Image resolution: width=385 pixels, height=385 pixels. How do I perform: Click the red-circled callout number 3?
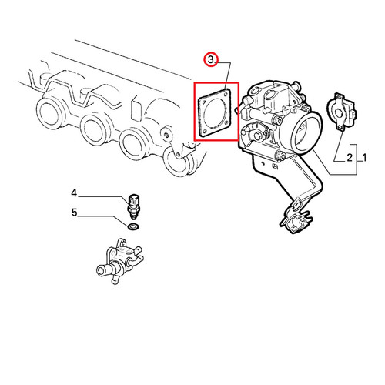[210, 60]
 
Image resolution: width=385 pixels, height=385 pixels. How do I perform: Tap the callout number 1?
[363, 157]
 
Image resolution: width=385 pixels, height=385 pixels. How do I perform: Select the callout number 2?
[350, 157]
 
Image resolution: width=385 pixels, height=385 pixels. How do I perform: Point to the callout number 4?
[74, 192]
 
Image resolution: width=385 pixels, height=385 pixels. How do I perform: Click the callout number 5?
[74, 213]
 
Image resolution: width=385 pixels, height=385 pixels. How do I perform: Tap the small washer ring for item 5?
[133, 227]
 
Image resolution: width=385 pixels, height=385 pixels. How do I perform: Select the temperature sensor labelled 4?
[133, 206]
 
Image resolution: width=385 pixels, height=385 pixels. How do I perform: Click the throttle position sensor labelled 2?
[341, 112]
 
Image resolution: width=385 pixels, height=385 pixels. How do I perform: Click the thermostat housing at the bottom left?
[119, 261]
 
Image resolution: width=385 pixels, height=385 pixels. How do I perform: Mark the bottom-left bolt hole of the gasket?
[205, 132]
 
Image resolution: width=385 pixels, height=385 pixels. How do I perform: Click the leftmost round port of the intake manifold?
[49, 112]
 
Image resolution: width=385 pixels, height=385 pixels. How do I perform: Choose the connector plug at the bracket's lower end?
[296, 219]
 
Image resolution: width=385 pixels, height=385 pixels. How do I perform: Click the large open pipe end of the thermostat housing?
[101, 270]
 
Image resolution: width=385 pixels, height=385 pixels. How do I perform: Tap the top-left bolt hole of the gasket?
[204, 103]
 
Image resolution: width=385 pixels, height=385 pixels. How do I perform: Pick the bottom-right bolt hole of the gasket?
[226, 125]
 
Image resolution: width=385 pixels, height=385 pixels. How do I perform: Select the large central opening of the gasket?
[215, 113]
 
